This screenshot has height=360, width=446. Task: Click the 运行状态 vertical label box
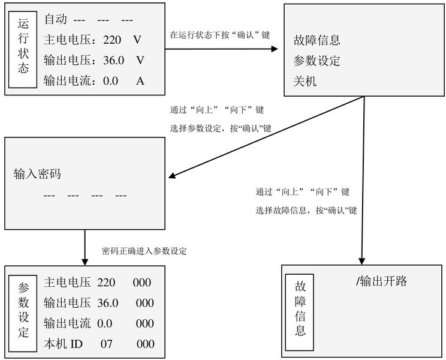tap(23, 50)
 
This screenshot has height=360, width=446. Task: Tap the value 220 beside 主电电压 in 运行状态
tap(112, 40)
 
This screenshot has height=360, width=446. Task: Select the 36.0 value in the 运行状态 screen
tap(113, 61)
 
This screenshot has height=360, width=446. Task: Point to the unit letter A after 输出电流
tap(140, 81)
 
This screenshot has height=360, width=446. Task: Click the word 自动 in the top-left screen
tap(56, 19)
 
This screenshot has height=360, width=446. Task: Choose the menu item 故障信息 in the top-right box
tap(317, 40)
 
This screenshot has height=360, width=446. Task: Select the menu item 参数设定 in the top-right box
tap(317, 61)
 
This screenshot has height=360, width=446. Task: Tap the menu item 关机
tap(305, 82)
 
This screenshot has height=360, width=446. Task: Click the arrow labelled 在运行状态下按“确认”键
tap(222, 49)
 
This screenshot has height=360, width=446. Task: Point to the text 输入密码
tap(37, 173)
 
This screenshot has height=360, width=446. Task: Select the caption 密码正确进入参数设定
tap(144, 251)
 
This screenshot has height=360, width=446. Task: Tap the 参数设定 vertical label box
tap(23, 313)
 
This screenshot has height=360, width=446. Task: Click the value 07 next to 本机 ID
tap(106, 344)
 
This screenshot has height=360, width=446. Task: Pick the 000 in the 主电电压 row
tap(141, 283)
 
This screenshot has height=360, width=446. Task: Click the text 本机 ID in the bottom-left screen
tap(63, 344)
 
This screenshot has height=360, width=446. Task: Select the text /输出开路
tap(381, 281)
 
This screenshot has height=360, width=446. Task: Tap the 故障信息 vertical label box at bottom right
tap(300, 312)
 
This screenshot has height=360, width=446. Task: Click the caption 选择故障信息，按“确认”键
tap(306, 211)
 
